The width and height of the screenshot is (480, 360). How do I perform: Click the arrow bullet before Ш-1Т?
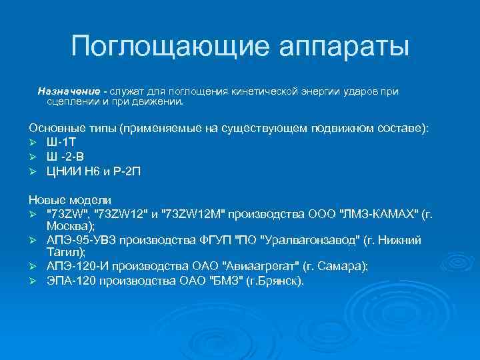(33, 142)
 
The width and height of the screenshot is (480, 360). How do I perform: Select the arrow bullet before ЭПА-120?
(33, 281)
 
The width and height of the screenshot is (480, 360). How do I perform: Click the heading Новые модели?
(70, 200)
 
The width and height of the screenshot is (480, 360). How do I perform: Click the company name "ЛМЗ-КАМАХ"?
(379, 213)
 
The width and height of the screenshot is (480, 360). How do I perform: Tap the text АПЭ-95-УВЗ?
(82, 241)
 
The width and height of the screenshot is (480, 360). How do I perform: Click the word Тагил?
(63, 253)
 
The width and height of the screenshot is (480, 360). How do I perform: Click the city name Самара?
(338, 267)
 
